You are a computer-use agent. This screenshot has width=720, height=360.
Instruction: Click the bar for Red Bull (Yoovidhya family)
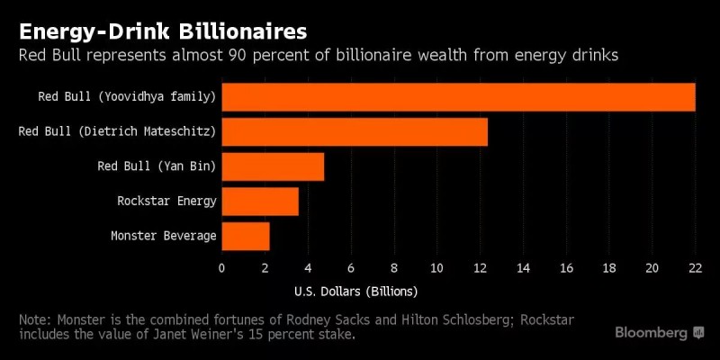click(458, 97)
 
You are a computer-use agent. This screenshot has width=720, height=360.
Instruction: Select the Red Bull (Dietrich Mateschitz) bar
click(355, 132)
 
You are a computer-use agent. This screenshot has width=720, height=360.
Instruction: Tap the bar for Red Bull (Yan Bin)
click(273, 166)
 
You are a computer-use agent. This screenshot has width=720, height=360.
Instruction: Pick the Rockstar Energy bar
click(260, 202)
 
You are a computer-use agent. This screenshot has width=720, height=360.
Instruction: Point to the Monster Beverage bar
click(246, 236)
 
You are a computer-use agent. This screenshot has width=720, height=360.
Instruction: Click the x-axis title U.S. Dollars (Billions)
click(355, 292)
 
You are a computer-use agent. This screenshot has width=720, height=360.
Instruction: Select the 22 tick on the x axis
click(695, 267)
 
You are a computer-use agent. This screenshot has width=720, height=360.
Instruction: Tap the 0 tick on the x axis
click(222, 267)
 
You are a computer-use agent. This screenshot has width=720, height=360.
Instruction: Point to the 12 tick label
click(480, 267)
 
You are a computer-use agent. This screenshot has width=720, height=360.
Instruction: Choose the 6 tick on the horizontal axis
click(351, 267)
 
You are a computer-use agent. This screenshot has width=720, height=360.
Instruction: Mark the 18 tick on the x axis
click(609, 267)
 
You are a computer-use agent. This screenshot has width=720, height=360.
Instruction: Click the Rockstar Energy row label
click(166, 202)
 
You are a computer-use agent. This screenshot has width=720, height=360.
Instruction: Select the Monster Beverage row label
click(163, 236)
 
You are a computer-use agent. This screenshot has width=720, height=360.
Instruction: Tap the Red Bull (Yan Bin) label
click(157, 166)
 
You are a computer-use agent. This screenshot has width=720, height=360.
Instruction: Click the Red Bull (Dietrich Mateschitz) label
click(117, 132)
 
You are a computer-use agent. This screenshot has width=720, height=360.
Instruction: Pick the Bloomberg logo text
click(652, 333)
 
